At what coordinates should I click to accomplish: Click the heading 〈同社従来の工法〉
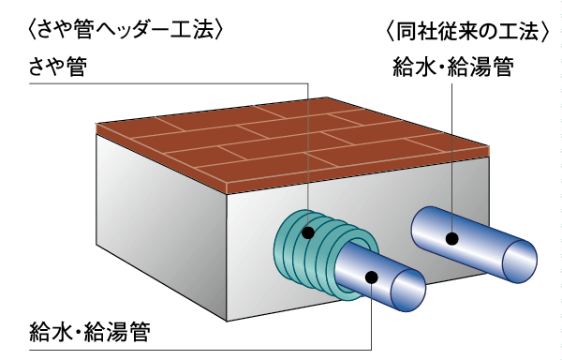click(466, 31)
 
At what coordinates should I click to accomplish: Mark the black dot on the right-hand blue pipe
click(451, 238)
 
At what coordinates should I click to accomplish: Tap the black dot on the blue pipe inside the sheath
click(372, 276)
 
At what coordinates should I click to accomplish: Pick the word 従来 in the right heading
click(461, 31)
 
